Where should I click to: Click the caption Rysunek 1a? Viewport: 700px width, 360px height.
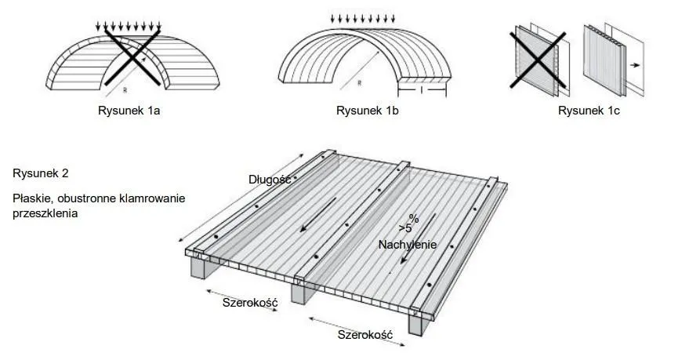(129, 111)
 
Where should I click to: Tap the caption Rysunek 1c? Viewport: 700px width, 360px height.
(589, 111)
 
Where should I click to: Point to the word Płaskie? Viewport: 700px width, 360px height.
(32, 198)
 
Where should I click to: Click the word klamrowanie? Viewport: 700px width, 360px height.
(152, 198)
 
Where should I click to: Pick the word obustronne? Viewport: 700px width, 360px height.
(88, 198)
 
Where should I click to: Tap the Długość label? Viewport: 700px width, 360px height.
(270, 180)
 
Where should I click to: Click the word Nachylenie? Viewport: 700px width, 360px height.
(407, 245)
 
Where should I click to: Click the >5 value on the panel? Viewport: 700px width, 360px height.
(404, 229)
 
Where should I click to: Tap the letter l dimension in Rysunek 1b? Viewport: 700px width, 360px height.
(423, 89)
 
